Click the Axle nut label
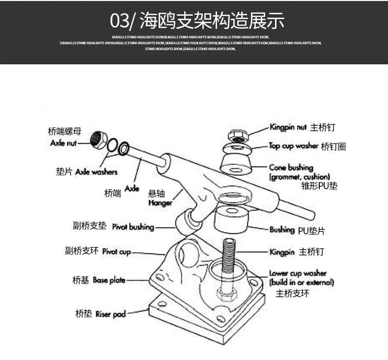(x=64, y=143)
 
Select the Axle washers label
(x=96, y=172)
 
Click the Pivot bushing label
(x=133, y=227)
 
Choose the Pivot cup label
(x=116, y=251)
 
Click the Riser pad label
(x=111, y=314)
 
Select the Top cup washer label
(x=294, y=146)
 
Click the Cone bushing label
(x=291, y=167)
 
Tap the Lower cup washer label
(x=298, y=273)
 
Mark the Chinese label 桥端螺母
(x=64, y=132)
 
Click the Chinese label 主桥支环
(x=292, y=294)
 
